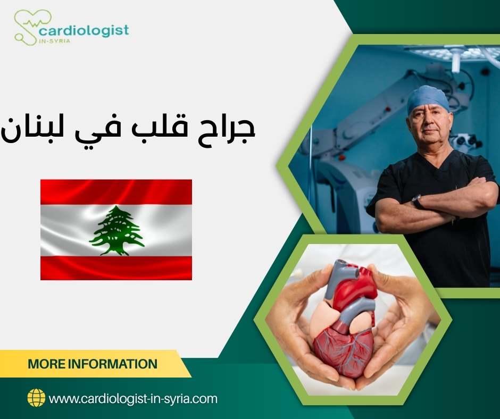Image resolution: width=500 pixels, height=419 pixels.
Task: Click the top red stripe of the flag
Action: (x=116, y=192)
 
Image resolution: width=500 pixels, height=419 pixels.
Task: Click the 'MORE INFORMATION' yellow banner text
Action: (x=93, y=364)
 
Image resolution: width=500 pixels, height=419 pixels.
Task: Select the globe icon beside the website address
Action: (x=36, y=398)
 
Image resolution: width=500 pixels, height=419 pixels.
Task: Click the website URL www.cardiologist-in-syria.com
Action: (x=133, y=398)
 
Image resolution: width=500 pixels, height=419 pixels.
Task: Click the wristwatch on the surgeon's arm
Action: (x=418, y=202)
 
